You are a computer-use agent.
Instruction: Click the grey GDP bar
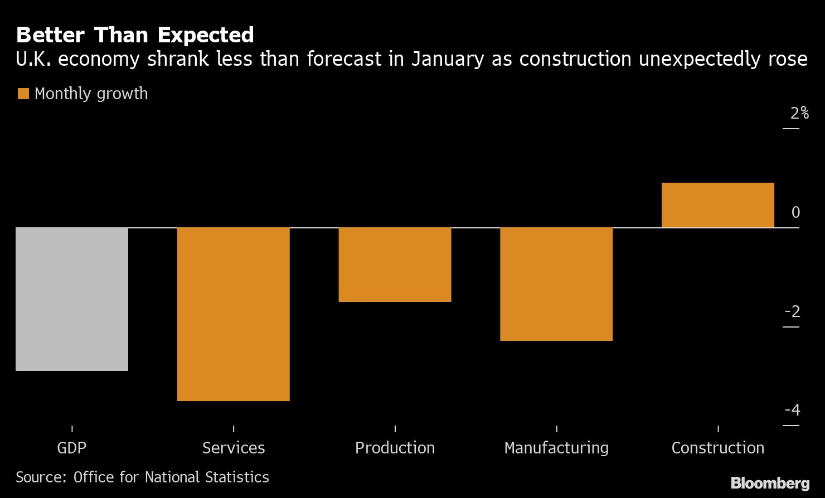click(72, 299)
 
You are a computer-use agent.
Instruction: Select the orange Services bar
click(233, 314)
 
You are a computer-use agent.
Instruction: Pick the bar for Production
click(395, 265)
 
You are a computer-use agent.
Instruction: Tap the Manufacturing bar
click(556, 284)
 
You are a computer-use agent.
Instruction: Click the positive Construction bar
click(717, 205)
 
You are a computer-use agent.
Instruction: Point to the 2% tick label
click(799, 113)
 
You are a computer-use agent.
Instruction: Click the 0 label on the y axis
click(795, 212)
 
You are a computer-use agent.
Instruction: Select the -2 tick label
click(793, 311)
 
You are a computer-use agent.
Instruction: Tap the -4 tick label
click(793, 410)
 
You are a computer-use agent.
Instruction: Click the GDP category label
click(72, 448)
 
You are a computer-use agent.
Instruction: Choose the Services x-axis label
click(233, 448)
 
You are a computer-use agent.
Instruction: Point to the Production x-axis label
click(395, 448)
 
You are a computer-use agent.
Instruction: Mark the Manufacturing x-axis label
click(556, 448)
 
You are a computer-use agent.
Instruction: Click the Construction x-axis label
click(717, 448)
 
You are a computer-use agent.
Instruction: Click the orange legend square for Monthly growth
click(23, 94)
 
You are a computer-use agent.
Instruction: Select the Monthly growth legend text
click(91, 94)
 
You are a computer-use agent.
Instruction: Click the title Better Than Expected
click(135, 35)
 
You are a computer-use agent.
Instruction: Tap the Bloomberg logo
click(770, 482)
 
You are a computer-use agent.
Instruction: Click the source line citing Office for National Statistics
click(142, 477)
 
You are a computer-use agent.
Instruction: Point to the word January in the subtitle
click(447, 58)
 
